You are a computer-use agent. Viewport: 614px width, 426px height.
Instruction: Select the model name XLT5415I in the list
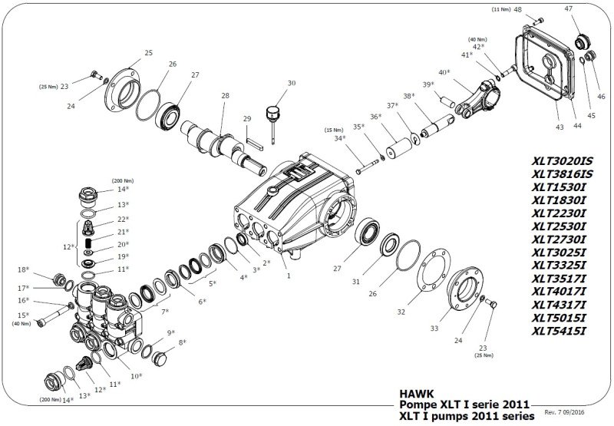click(559, 331)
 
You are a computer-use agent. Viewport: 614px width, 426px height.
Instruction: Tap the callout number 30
click(291, 83)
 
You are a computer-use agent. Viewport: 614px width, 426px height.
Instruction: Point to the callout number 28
click(225, 96)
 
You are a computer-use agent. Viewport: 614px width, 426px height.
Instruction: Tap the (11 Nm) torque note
click(500, 8)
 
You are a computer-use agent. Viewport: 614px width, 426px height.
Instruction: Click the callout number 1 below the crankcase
click(288, 274)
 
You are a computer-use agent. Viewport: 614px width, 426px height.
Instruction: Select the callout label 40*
click(444, 72)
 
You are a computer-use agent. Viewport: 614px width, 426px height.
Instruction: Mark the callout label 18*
click(24, 270)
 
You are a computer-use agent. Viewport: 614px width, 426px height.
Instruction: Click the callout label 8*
click(183, 343)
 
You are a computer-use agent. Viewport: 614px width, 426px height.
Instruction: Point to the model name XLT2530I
click(559, 226)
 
